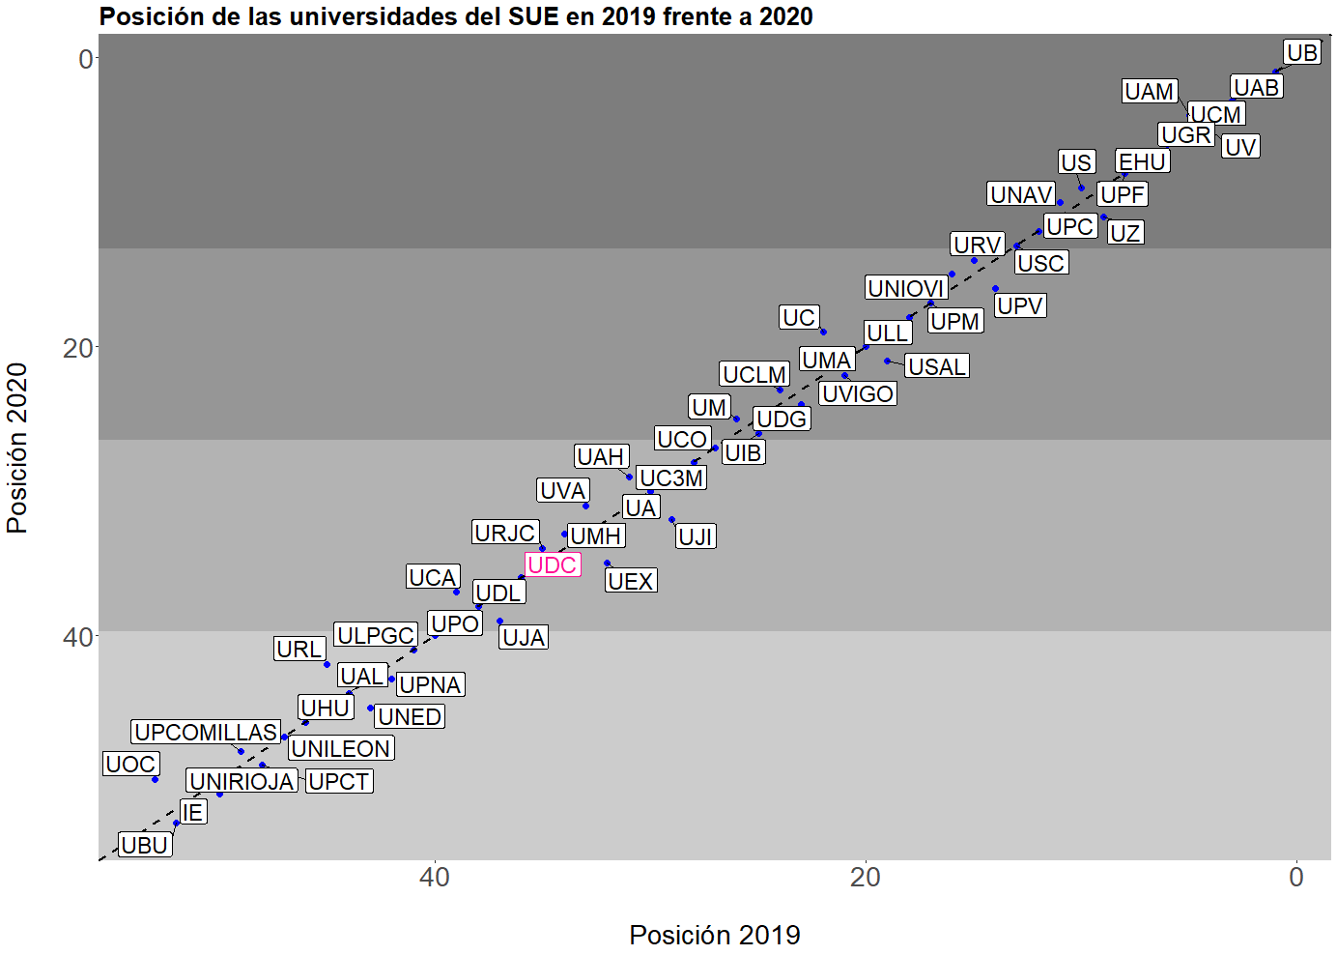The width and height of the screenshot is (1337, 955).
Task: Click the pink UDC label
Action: (x=553, y=565)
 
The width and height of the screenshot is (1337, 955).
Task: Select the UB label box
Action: (x=1302, y=53)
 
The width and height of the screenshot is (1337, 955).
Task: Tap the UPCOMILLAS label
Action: (x=207, y=733)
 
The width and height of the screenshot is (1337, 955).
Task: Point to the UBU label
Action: (x=145, y=845)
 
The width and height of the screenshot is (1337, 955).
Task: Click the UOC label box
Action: (x=130, y=765)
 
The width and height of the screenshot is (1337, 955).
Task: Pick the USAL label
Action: (x=937, y=367)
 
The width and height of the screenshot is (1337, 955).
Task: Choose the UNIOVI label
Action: (x=905, y=288)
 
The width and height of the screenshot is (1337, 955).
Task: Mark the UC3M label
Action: (x=672, y=478)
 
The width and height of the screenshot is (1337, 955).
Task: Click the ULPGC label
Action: (x=376, y=635)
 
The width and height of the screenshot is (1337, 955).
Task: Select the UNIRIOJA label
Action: (x=242, y=781)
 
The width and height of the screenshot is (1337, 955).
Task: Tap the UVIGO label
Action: (x=858, y=394)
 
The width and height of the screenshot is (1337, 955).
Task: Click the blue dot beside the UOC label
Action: (x=156, y=779)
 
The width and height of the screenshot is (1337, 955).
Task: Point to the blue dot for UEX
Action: (x=607, y=564)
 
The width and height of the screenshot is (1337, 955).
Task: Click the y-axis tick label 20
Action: (x=78, y=348)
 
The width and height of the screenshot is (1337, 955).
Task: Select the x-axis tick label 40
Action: (x=435, y=878)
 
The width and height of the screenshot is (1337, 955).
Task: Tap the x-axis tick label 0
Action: (x=1296, y=878)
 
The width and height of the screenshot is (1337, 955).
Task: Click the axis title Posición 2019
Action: (x=715, y=935)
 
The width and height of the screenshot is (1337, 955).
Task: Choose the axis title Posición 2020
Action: (x=17, y=448)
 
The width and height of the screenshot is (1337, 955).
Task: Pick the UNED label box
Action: (x=410, y=717)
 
